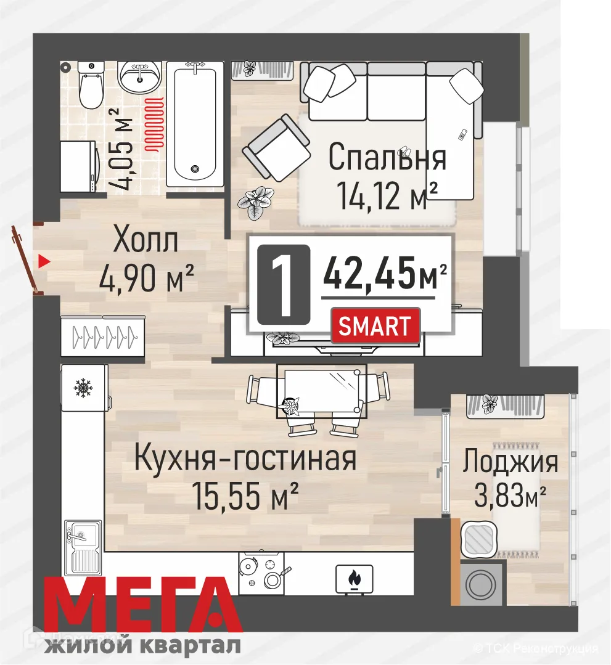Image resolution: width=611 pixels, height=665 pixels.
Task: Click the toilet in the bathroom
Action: coord(91,86)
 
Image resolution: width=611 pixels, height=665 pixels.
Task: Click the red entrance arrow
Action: coord(43,261)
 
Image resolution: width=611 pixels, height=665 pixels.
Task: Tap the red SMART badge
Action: coord(375,325)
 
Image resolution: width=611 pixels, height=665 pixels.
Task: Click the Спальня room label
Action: coord(387,157)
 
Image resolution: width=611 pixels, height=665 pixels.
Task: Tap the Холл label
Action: coord(146,241)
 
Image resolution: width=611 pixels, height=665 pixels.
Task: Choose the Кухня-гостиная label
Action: coord(245,459)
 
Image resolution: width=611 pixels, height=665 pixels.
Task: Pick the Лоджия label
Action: coord(511,462)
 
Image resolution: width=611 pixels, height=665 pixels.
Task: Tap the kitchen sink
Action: coord(83,545)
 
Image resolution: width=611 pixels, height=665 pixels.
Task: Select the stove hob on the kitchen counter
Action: coord(263,572)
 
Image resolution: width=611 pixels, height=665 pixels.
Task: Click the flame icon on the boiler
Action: coord(355,578)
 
